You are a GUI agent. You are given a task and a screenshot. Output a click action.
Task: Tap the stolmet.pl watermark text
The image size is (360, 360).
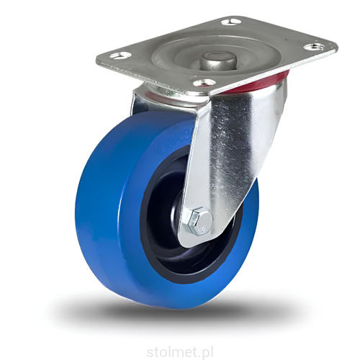click(x=180, y=353)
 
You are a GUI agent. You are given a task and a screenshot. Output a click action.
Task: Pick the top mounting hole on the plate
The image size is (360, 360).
click(x=231, y=22)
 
